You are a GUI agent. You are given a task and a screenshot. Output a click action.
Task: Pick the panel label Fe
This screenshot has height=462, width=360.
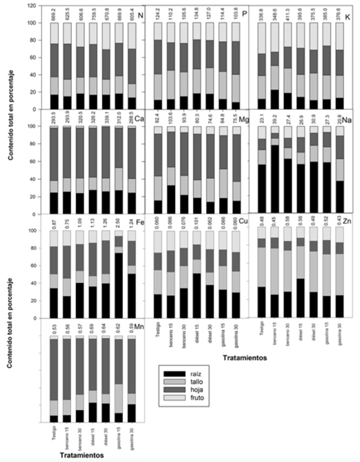click(x=141, y=222)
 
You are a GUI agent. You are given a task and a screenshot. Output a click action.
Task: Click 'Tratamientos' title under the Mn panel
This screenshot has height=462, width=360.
click(x=82, y=456)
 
